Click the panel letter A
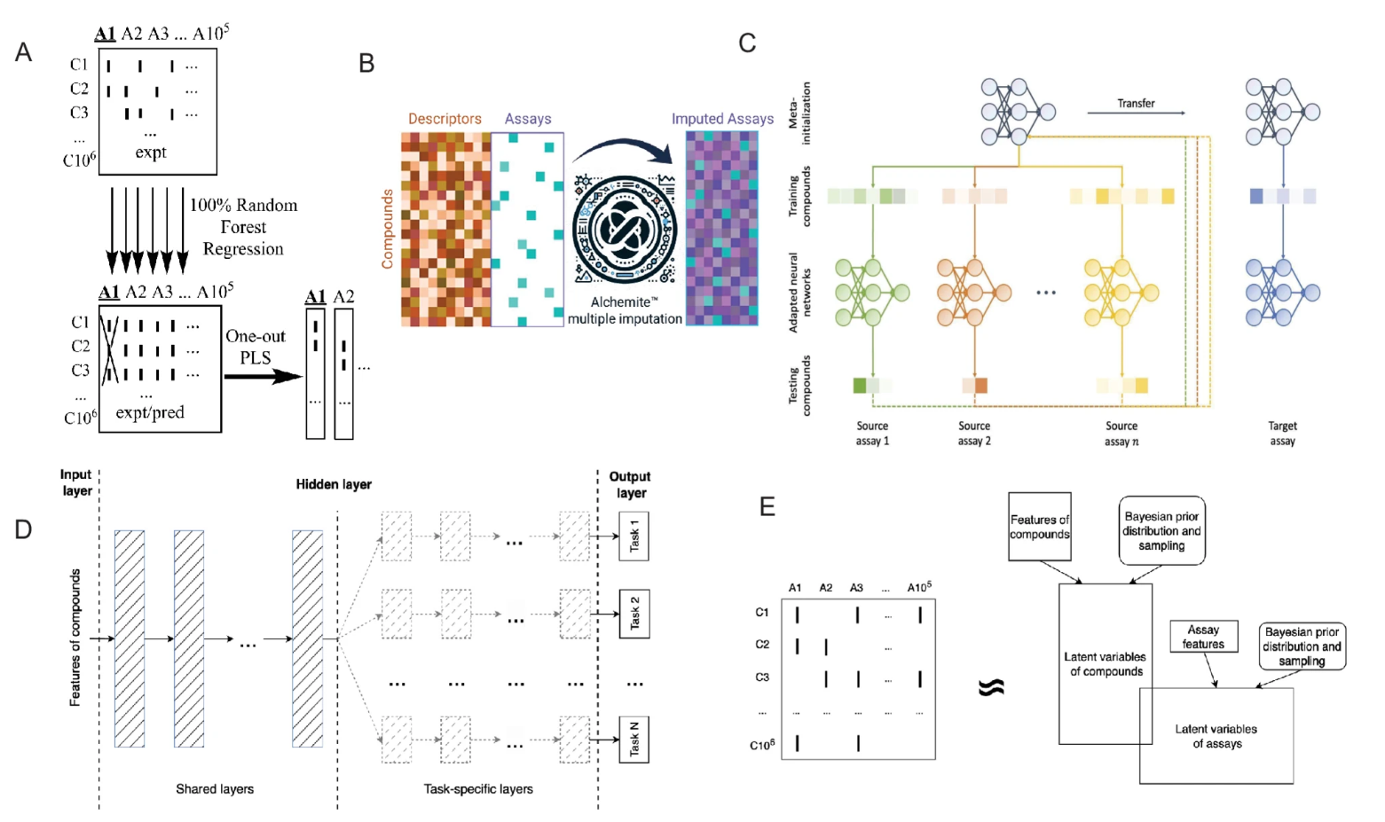tap(23, 52)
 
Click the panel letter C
tap(747, 43)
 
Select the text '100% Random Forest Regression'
tap(243, 227)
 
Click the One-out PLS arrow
tap(263, 376)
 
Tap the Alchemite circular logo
tap(625, 229)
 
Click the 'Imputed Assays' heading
tap(722, 119)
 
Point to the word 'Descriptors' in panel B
tap(445, 119)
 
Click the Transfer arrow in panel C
tap(1137, 113)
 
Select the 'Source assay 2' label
tap(974, 434)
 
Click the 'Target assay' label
tap(1282, 434)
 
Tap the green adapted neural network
tap(872, 292)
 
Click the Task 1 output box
tap(633, 536)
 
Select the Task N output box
tap(633, 740)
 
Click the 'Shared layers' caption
tap(215, 789)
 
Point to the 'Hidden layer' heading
tap(334, 484)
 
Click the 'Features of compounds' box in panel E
tap(1039, 527)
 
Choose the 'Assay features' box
tap(1203, 637)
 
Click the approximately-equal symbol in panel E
tap(991, 687)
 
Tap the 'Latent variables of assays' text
tap(1216, 736)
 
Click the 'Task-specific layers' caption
tap(478, 789)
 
